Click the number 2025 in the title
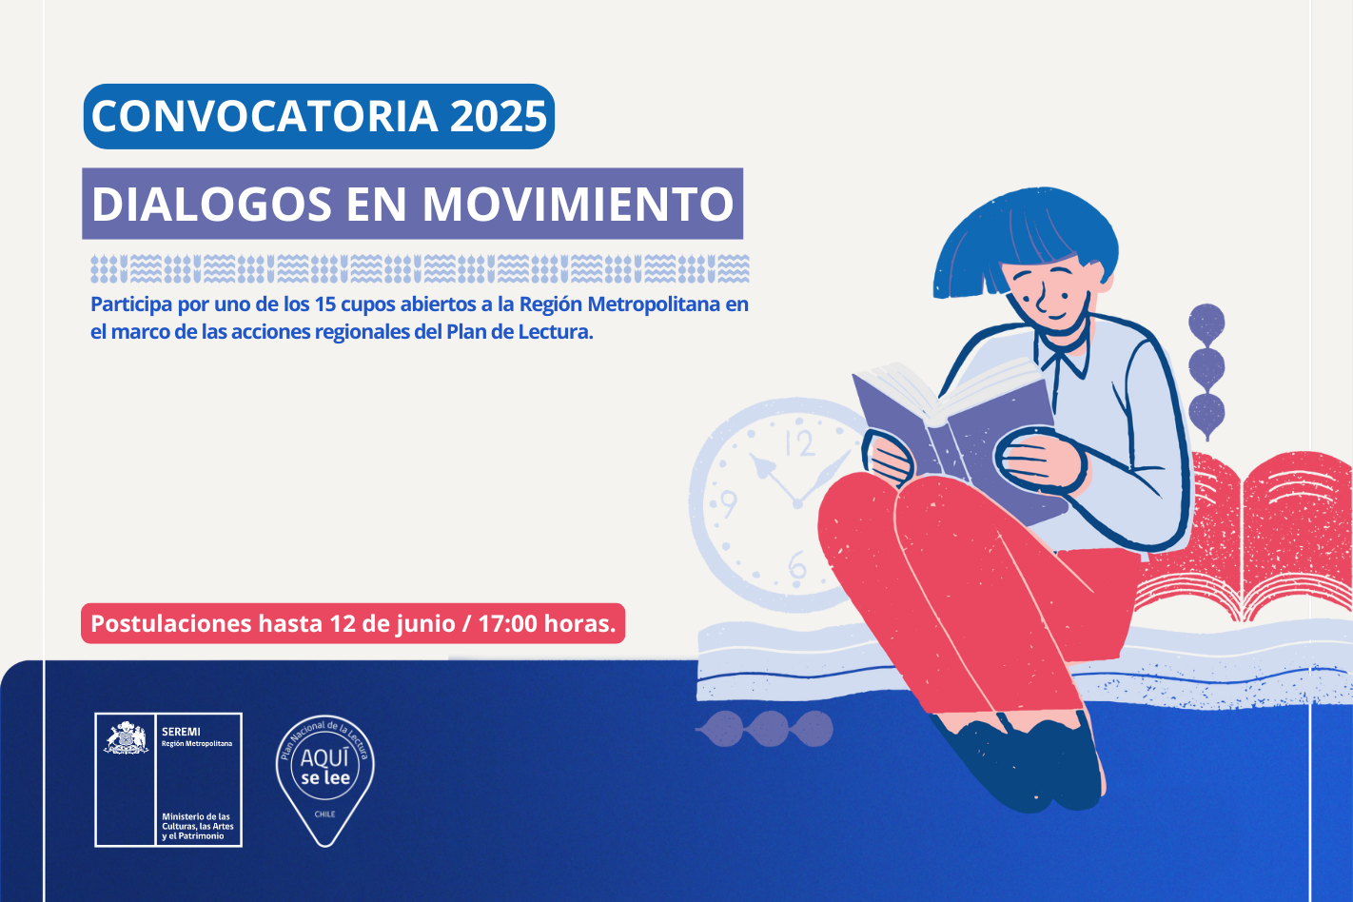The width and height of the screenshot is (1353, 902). coord(499,116)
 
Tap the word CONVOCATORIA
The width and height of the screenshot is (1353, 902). coord(265,116)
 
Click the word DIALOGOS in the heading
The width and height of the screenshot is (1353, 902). coord(211,204)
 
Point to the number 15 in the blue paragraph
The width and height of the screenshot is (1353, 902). coord(324,304)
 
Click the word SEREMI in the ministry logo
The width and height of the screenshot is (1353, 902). coord(181,732)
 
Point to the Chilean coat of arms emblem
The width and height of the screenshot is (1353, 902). coord(126,737)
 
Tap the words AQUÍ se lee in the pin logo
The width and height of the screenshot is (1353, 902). coord(325,766)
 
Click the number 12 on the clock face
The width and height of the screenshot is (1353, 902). coord(800,444)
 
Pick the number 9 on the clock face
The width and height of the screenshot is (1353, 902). coord(729,503)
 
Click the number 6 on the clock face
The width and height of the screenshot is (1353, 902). coord(797,566)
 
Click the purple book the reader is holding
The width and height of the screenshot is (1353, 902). coord(954,435)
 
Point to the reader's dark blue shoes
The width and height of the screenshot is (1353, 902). coord(1027,764)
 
